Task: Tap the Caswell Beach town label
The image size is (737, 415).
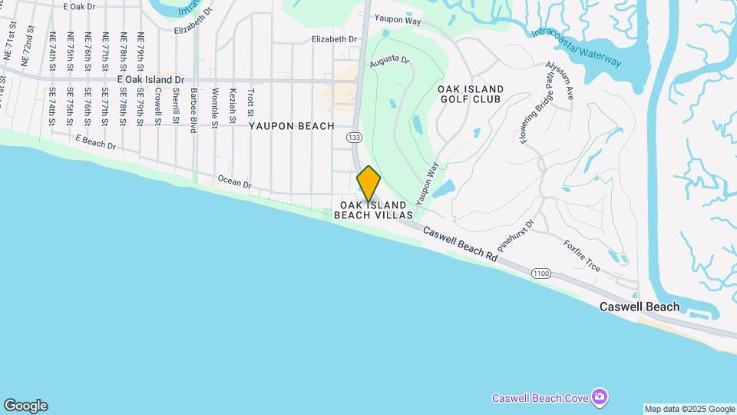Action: [x=639, y=307]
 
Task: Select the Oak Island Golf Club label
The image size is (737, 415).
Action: [x=469, y=95]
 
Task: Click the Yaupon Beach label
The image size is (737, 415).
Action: [x=291, y=126]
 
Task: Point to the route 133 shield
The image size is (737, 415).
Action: [x=354, y=137]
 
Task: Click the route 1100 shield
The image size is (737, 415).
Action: [x=541, y=273]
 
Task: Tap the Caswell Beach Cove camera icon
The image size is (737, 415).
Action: [x=600, y=397]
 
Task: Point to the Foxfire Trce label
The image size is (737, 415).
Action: [x=581, y=256]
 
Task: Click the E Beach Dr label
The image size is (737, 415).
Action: [x=95, y=141]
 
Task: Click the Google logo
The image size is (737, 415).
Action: [x=25, y=406]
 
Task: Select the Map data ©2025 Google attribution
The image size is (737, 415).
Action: [x=689, y=409]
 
